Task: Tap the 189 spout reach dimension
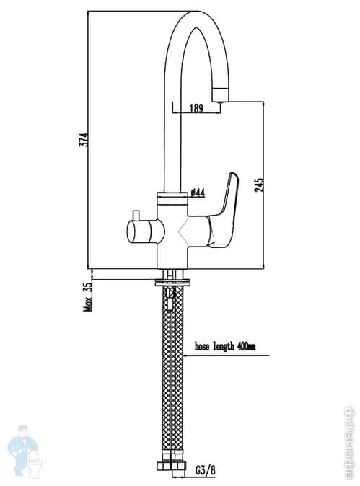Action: point(196,108)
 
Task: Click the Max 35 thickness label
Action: point(88,295)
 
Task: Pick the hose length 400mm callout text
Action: point(225,347)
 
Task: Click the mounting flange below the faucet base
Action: point(173,281)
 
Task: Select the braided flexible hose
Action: point(173,375)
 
